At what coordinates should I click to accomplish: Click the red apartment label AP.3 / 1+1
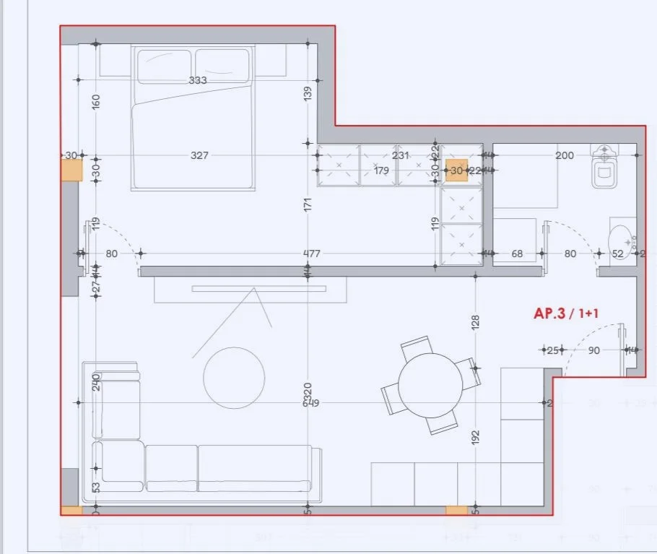pos(567,313)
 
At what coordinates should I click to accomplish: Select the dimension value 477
pos(311,254)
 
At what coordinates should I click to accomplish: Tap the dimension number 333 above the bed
pos(198,80)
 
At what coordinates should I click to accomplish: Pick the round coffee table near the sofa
pos(234,377)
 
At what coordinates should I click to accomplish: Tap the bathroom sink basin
pos(620,238)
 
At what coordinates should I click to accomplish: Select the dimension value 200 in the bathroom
pos(565,155)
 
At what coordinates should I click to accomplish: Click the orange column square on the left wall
pos(71,170)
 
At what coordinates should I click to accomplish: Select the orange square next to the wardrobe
pos(456,170)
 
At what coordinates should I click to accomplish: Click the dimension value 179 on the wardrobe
pos(381,170)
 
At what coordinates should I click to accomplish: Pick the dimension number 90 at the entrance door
pos(593,350)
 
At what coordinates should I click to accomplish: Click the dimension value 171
pos(308,204)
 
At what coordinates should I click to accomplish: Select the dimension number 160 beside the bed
pos(96,101)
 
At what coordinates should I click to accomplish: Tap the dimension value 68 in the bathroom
pos(517,254)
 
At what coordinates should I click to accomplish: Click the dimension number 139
pos(308,92)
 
